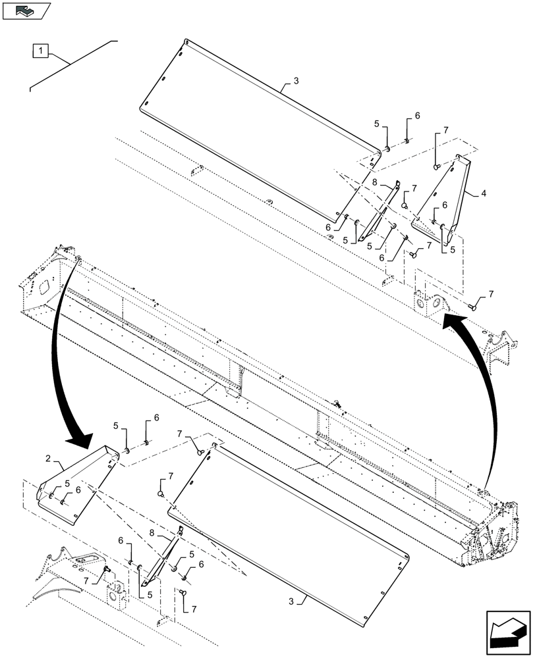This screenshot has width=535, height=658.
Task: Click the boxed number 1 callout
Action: click(40, 50)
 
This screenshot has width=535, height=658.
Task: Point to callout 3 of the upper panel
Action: click(296, 81)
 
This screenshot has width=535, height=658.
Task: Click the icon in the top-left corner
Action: click(26, 10)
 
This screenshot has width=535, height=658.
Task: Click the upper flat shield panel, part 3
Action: click(257, 132)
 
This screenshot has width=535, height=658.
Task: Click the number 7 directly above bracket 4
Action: click(445, 130)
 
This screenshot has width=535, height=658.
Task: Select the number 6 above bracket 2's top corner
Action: click(157, 418)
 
